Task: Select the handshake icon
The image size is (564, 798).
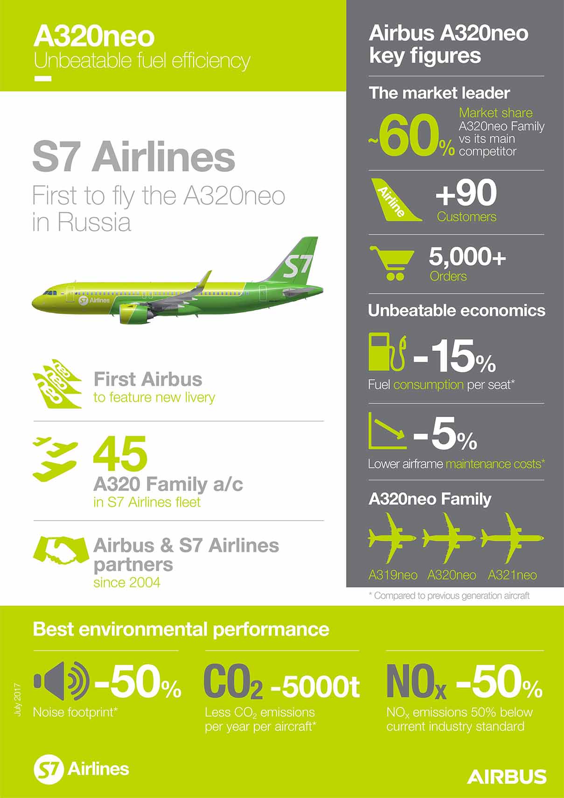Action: pos(61,551)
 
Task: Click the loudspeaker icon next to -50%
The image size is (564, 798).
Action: pos(61,681)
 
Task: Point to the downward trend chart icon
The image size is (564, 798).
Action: pos(387,431)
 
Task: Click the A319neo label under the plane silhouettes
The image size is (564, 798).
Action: pos(393,575)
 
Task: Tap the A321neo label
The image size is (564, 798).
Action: pos(512,575)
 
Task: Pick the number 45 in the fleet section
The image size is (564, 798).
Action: pos(120,453)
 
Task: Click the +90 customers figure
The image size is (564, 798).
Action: pos(466,193)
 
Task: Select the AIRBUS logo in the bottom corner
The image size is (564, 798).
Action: pos(507,776)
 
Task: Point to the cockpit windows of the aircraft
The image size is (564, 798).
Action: pos(49,293)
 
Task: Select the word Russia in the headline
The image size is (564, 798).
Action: pos(94,223)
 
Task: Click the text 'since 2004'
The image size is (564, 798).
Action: pos(127,582)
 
